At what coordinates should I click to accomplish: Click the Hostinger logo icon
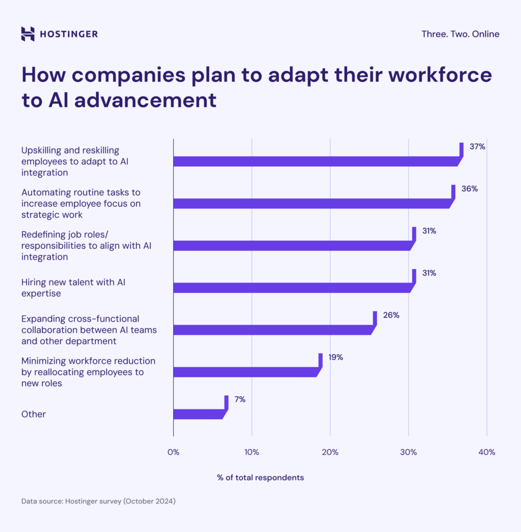pos(28,34)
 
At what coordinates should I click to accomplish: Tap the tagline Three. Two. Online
pos(460,34)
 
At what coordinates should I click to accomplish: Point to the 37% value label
pos(477,147)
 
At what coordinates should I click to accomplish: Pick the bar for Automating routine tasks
pos(312,203)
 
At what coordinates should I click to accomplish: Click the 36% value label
pos(469,189)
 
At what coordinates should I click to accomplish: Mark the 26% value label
pos(391,315)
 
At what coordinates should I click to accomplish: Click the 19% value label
pos(336,357)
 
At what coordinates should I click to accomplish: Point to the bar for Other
pos(198,414)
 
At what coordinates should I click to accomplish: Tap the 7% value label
pos(239,400)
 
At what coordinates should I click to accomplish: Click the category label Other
pos(33,414)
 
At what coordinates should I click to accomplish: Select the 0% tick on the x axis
pos(173,452)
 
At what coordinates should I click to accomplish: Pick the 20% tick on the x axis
pos(330,452)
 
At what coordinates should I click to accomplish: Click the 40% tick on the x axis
pos(487,452)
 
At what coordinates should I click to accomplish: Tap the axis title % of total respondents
pos(260,477)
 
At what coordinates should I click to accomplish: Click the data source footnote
pos(98,501)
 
